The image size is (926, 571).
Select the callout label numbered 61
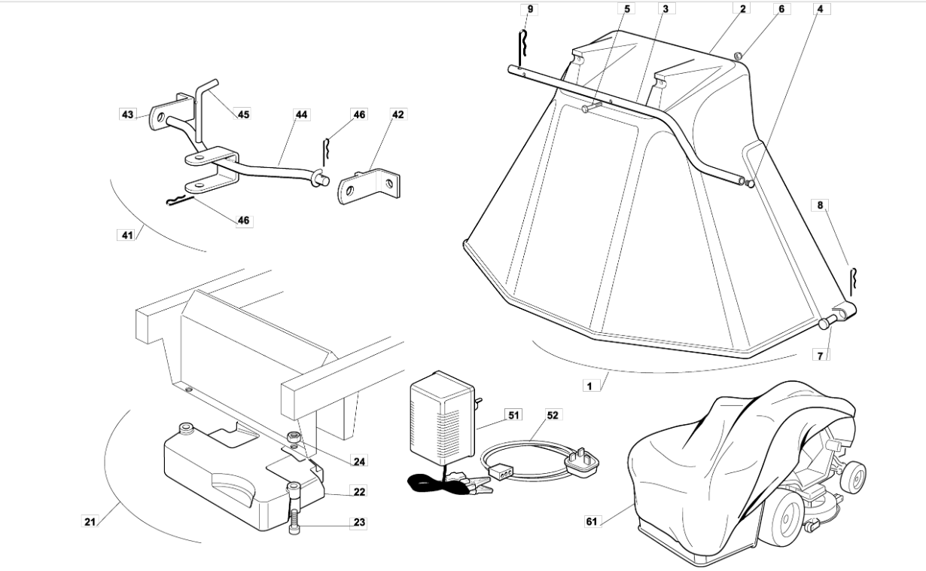pyautogui.click(x=592, y=521)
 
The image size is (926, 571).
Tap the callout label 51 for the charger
pyautogui.click(x=513, y=414)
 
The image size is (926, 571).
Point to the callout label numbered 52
pyautogui.click(x=553, y=414)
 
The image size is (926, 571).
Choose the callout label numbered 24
pyautogui.click(x=359, y=461)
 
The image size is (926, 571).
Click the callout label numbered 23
pyautogui.click(x=359, y=522)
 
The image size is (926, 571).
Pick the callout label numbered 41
pyautogui.click(x=127, y=235)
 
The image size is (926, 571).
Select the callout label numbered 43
pyautogui.click(x=127, y=115)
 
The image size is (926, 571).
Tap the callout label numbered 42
pyautogui.click(x=398, y=115)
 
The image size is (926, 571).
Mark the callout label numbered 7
pyautogui.click(x=820, y=355)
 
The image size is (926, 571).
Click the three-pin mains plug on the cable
pyautogui.click(x=583, y=463)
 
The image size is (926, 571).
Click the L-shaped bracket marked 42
pyautogui.click(x=369, y=186)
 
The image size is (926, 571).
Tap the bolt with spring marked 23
pyautogui.click(x=294, y=508)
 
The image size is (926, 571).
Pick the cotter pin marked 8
pyautogui.click(x=853, y=282)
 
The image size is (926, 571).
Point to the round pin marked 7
pyautogui.click(x=826, y=322)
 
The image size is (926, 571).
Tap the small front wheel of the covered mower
pyautogui.click(x=852, y=478)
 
